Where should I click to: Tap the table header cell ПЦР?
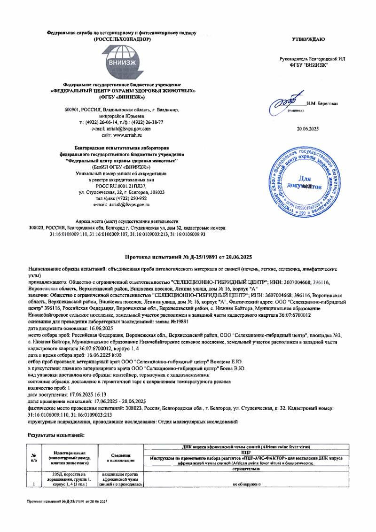coord(246,451)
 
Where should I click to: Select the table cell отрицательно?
coord(246,469)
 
